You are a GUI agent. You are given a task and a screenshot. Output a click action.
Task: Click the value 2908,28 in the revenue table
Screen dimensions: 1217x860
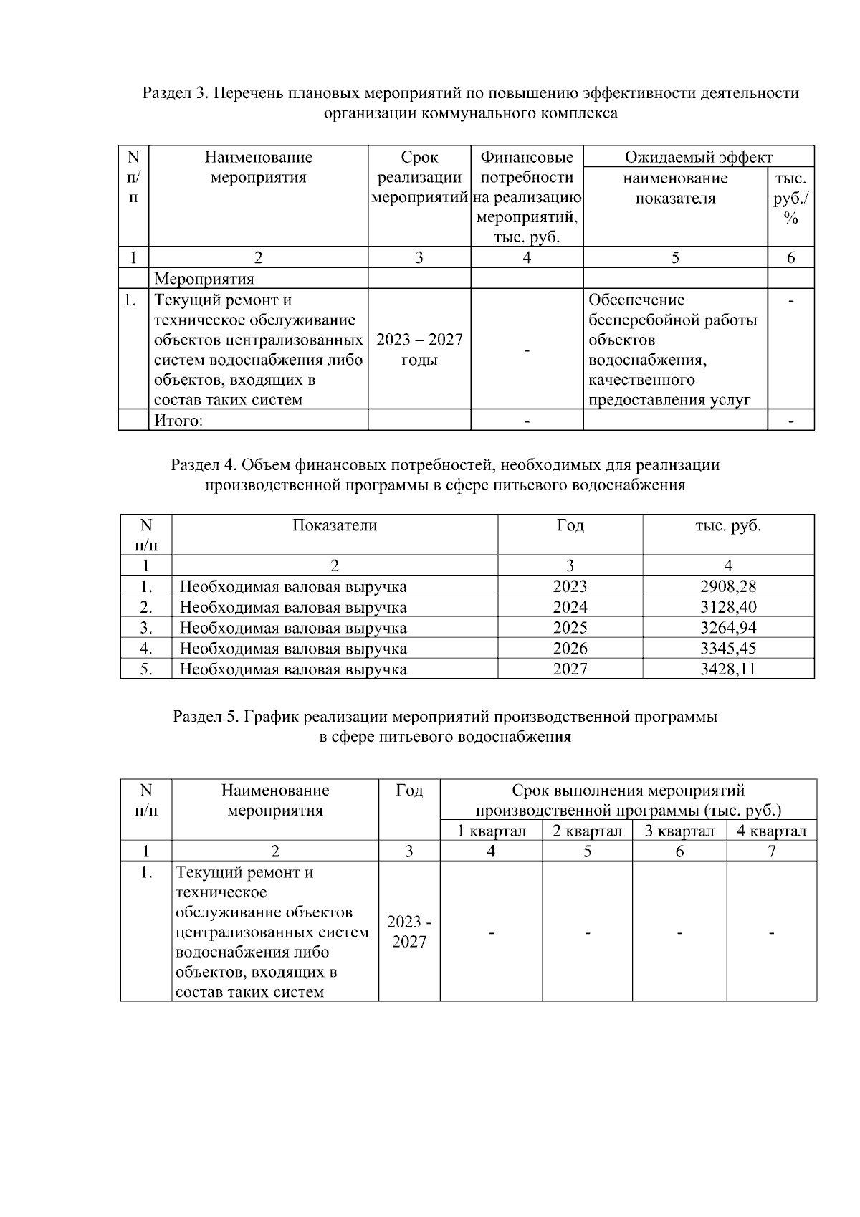tap(728, 586)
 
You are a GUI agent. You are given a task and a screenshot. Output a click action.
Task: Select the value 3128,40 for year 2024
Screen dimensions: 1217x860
tap(728, 607)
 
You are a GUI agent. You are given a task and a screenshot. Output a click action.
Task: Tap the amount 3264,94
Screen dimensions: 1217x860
tap(728, 628)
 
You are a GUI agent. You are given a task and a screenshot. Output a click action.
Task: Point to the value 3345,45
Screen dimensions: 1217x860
tap(728, 649)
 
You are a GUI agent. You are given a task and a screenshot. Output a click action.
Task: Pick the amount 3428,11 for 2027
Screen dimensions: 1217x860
tap(728, 669)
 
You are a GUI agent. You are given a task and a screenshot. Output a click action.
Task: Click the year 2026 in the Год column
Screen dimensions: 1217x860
tap(570, 649)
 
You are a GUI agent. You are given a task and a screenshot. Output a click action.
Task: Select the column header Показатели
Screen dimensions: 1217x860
tap(335, 525)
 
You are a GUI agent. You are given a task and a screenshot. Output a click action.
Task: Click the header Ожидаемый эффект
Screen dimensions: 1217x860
tap(698, 157)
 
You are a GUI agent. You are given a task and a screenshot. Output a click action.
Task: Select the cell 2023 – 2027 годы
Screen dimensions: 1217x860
tap(419, 349)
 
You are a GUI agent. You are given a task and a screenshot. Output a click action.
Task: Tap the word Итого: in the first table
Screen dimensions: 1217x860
tap(179, 421)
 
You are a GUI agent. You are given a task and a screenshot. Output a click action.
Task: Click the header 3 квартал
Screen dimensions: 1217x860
tap(679, 831)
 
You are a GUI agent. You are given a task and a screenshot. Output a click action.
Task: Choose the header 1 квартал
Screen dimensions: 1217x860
tap(492, 831)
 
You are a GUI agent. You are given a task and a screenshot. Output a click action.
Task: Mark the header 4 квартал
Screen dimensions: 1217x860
tap(771, 831)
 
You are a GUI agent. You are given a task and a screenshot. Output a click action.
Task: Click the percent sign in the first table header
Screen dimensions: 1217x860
tap(790, 219)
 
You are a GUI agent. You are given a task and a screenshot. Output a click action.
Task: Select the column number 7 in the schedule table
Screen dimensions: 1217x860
tap(771, 851)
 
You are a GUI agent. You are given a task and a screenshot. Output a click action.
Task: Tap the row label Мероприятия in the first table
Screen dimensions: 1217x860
tap(204, 278)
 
